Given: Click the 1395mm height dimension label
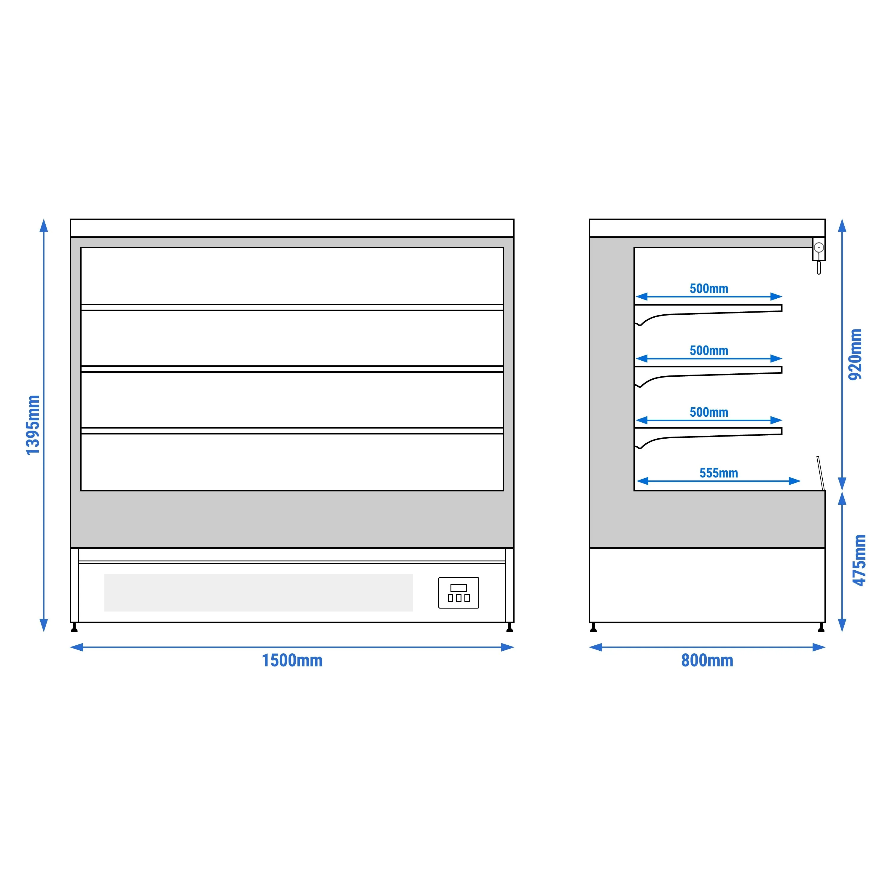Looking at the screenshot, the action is pyautogui.click(x=33, y=425).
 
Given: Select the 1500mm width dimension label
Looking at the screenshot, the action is pyautogui.click(x=292, y=660).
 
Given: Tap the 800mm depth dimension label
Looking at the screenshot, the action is pyautogui.click(x=707, y=660).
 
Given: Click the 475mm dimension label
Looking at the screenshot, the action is pyautogui.click(x=859, y=560).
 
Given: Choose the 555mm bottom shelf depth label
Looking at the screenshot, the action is pyautogui.click(x=719, y=473).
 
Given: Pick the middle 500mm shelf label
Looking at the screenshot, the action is pyautogui.click(x=709, y=351).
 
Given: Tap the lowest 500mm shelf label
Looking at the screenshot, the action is pyautogui.click(x=709, y=412).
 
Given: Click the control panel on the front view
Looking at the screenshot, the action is pyautogui.click(x=459, y=593).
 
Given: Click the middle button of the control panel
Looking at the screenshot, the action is pyautogui.click(x=459, y=598).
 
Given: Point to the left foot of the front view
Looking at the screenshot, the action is pyautogui.click(x=74, y=628).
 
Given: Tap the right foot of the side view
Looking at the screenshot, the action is pyautogui.click(x=821, y=628).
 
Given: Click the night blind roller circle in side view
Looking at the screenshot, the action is pyautogui.click(x=819, y=248).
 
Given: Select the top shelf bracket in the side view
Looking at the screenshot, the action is pyautogui.click(x=708, y=314).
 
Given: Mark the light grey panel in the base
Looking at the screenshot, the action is pyautogui.click(x=258, y=593).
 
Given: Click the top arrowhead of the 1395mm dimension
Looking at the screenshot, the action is pyautogui.click(x=44, y=225).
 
